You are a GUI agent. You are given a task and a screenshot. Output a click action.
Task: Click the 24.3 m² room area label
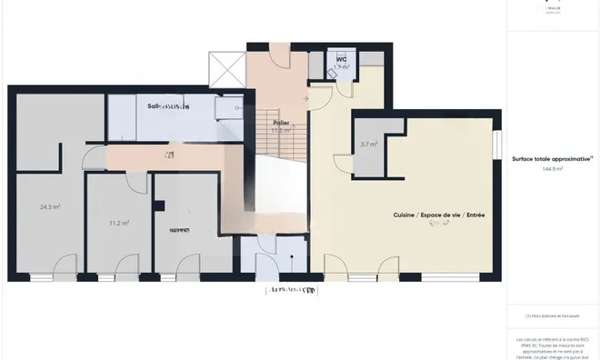[x=49, y=206]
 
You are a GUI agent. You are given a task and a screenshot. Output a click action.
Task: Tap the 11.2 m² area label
[x=118, y=223]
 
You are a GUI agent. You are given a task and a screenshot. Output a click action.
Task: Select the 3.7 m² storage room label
[x=368, y=144]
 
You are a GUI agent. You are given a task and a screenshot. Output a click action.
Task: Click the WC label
[x=342, y=60]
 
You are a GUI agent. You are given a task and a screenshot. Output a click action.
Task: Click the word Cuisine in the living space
[x=406, y=215]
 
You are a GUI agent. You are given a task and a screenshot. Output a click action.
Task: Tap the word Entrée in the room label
[x=474, y=215]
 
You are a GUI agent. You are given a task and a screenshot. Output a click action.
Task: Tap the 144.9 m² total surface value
[x=553, y=169]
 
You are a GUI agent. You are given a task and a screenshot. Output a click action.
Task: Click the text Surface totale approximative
[x=552, y=158]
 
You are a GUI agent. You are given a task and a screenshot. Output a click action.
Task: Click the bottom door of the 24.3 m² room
[x=66, y=269]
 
